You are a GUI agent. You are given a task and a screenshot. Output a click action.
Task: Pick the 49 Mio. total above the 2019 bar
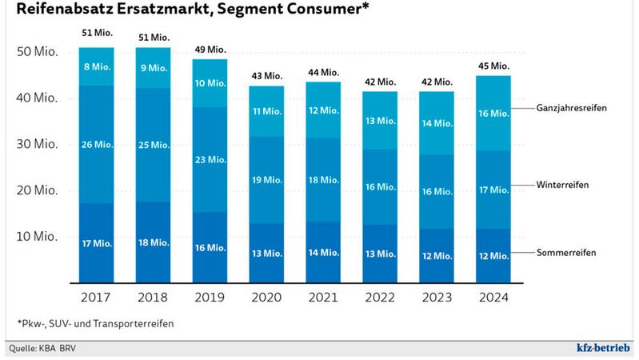(x=210, y=49)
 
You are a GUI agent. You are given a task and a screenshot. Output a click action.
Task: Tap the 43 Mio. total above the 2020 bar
(x=267, y=76)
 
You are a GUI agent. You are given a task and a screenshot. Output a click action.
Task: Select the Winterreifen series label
(x=563, y=184)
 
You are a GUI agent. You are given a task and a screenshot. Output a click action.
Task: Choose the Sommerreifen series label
(x=565, y=254)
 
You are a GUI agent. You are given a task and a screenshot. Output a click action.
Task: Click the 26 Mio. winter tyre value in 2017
(x=97, y=145)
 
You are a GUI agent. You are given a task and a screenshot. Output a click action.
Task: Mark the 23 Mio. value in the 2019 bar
(x=210, y=159)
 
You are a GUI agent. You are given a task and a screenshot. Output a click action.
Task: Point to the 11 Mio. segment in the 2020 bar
(x=267, y=111)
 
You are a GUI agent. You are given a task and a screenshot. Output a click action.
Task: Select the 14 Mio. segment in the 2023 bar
(x=437, y=123)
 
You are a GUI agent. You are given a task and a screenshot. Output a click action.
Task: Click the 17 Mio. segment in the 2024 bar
(x=493, y=190)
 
